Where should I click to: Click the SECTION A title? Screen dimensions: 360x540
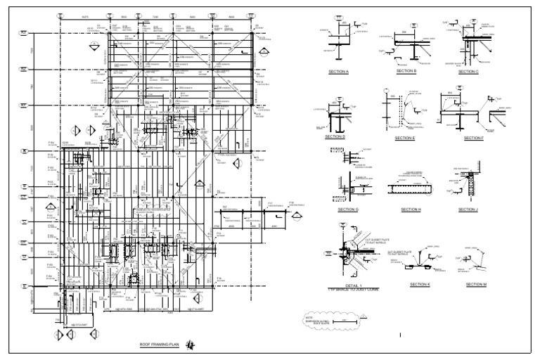pos(338,72)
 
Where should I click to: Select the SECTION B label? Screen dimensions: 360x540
pos(406,71)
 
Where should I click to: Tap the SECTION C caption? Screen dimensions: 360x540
pos(468,72)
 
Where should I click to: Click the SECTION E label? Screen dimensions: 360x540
pos(405,138)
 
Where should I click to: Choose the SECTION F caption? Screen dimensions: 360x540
pos(473,138)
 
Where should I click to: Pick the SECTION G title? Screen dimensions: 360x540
pos(347,210)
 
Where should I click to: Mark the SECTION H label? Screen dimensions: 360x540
pos(411,210)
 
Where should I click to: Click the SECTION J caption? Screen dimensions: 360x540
pos(468,210)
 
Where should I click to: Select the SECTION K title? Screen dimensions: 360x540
pos(421,284)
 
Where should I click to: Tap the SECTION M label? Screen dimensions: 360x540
pos(475,284)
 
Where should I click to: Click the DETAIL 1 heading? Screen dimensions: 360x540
pos(347,285)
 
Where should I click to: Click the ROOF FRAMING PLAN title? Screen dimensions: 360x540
pos(160,345)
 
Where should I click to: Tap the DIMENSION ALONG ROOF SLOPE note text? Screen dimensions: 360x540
pos(316,322)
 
